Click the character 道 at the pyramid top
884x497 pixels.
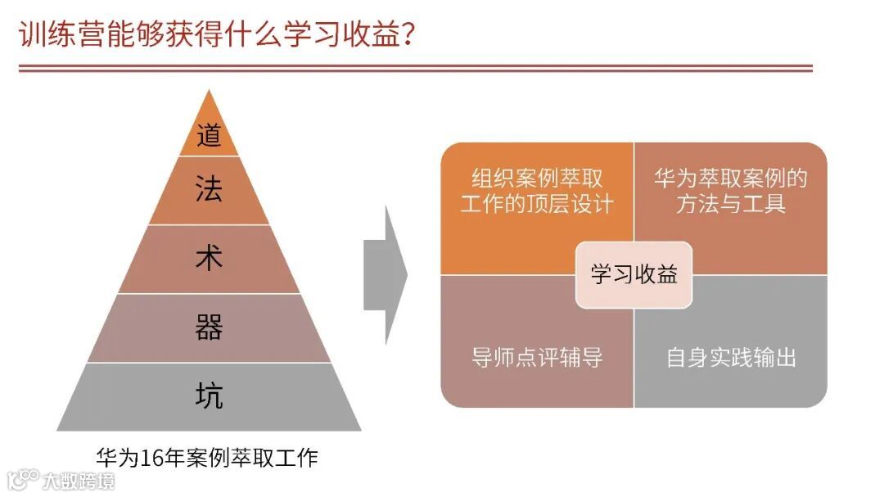point(209,134)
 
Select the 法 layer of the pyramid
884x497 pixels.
point(209,190)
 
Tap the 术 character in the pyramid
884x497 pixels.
point(209,259)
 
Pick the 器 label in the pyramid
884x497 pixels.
point(209,328)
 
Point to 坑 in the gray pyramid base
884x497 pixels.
point(209,396)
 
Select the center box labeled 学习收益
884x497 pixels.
point(634,275)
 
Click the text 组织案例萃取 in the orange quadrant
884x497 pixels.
point(537,178)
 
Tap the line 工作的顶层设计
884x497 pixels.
point(537,204)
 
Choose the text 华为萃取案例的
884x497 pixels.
point(730,178)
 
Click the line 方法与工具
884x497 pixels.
point(730,204)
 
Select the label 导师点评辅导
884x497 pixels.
point(537,358)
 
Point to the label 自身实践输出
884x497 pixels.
point(731,358)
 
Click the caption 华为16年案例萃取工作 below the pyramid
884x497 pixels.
point(206,458)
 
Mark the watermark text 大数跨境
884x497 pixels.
point(79,479)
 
